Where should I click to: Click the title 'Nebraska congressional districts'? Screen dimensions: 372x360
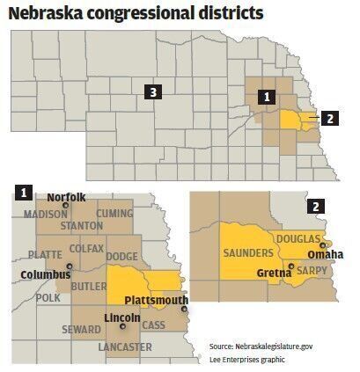click(136, 14)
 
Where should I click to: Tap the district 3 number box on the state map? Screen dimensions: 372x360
click(153, 91)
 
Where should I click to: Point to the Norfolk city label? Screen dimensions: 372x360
click(66, 197)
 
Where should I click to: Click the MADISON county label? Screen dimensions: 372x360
click(46, 214)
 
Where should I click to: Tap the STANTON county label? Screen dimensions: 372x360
click(81, 225)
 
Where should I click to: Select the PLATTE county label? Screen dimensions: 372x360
click(45, 254)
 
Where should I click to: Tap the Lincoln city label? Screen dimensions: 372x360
click(121, 316)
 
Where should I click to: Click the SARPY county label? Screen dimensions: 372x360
click(316, 271)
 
